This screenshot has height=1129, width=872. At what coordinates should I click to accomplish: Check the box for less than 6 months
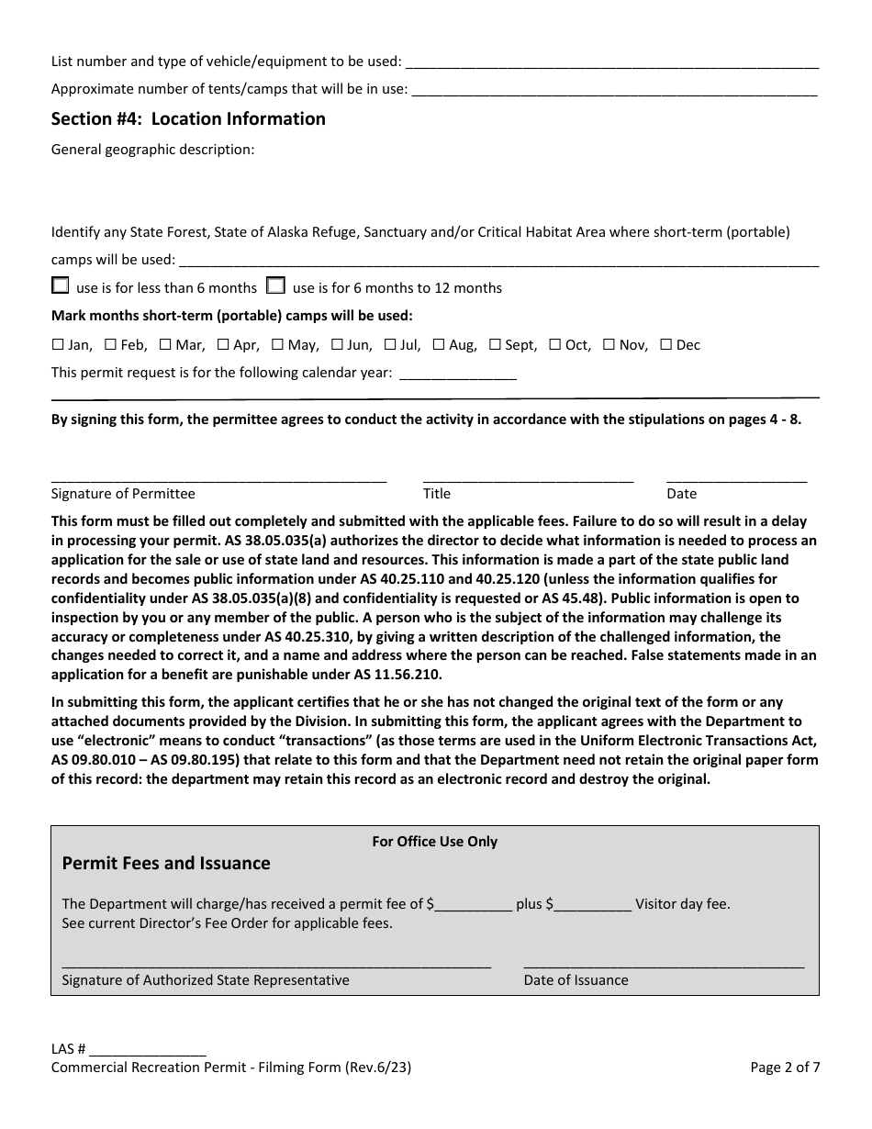(x=61, y=285)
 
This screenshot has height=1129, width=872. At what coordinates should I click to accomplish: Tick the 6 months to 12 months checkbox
(x=275, y=285)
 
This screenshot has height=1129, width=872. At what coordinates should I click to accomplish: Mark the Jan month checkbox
(x=57, y=345)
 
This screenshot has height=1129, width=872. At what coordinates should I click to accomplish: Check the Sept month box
(x=495, y=345)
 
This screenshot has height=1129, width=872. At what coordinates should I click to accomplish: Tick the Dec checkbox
(x=666, y=345)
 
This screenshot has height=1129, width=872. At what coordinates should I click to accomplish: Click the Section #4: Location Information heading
(x=188, y=118)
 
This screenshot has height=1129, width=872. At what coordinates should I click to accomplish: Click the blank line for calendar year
(x=458, y=374)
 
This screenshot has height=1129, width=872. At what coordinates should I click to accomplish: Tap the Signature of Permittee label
(x=123, y=494)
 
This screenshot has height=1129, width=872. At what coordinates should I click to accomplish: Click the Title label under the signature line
(x=437, y=494)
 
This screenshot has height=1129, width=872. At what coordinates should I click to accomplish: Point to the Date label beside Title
(x=681, y=494)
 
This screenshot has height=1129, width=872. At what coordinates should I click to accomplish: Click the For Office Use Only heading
(x=434, y=841)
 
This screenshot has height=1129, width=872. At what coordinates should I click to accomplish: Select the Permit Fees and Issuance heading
(x=165, y=863)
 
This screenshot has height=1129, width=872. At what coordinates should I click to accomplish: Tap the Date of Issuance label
(x=576, y=980)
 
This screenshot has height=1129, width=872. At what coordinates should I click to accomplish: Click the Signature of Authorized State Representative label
(x=205, y=980)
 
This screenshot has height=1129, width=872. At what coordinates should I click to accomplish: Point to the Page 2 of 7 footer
(x=785, y=1068)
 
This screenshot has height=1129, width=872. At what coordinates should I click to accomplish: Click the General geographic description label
(x=152, y=150)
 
